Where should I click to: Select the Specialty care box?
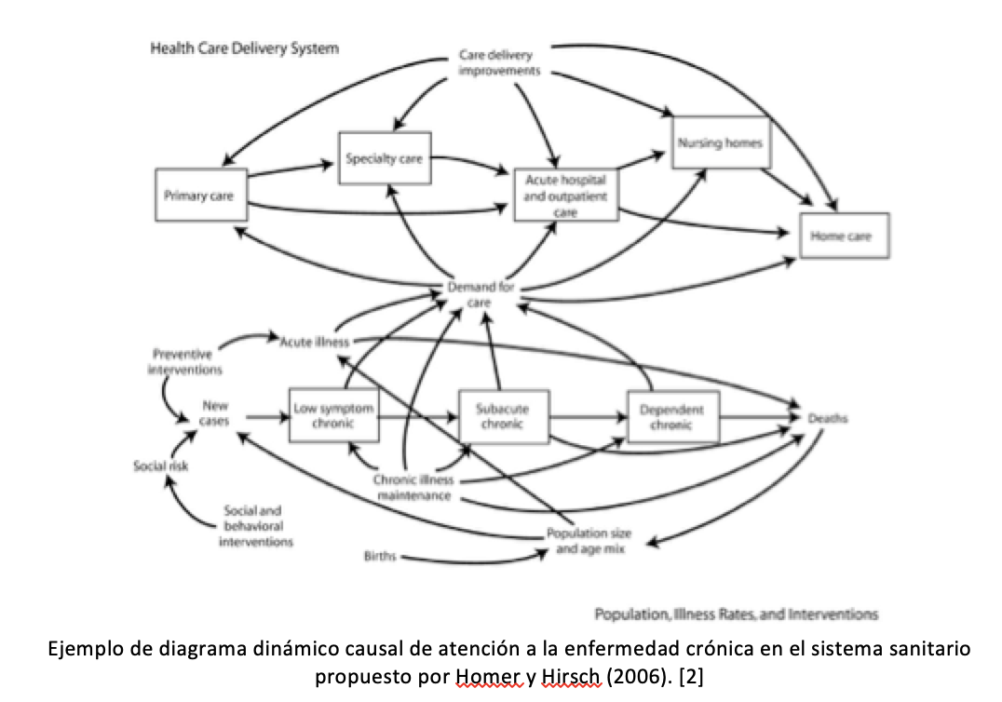pyautogui.click(x=384, y=158)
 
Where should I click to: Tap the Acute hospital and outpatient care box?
pyautogui.click(x=566, y=195)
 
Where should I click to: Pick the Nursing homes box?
pyautogui.click(x=720, y=142)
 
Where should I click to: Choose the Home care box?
pyautogui.click(x=844, y=236)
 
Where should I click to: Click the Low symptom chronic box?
pyautogui.click(x=334, y=415)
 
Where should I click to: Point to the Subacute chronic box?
pyautogui.click(x=501, y=415)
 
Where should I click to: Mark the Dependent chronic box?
pyautogui.click(x=671, y=416)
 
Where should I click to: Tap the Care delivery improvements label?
pyautogui.click(x=499, y=62)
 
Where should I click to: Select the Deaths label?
pyautogui.click(x=827, y=419)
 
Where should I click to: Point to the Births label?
pyautogui.click(x=380, y=556)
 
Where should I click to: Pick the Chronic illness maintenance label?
pyautogui.click(x=413, y=488)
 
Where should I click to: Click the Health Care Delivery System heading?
pyautogui.click(x=244, y=48)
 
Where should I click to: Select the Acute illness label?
pyautogui.click(x=315, y=342)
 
